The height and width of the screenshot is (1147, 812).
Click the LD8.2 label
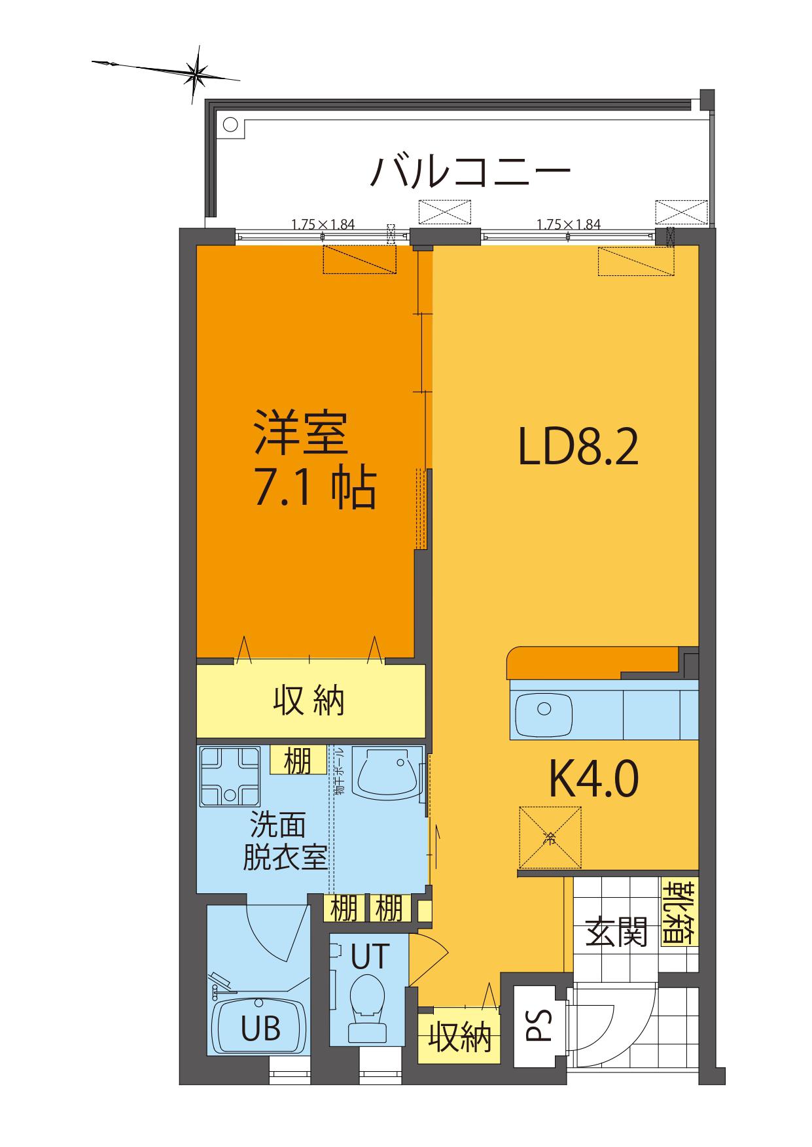[578, 447]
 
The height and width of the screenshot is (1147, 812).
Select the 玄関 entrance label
[616, 931]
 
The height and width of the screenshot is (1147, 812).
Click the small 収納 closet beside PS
[459, 1037]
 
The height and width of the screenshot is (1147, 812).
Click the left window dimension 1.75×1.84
[323, 224]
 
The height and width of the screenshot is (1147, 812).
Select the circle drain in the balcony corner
[230, 125]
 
